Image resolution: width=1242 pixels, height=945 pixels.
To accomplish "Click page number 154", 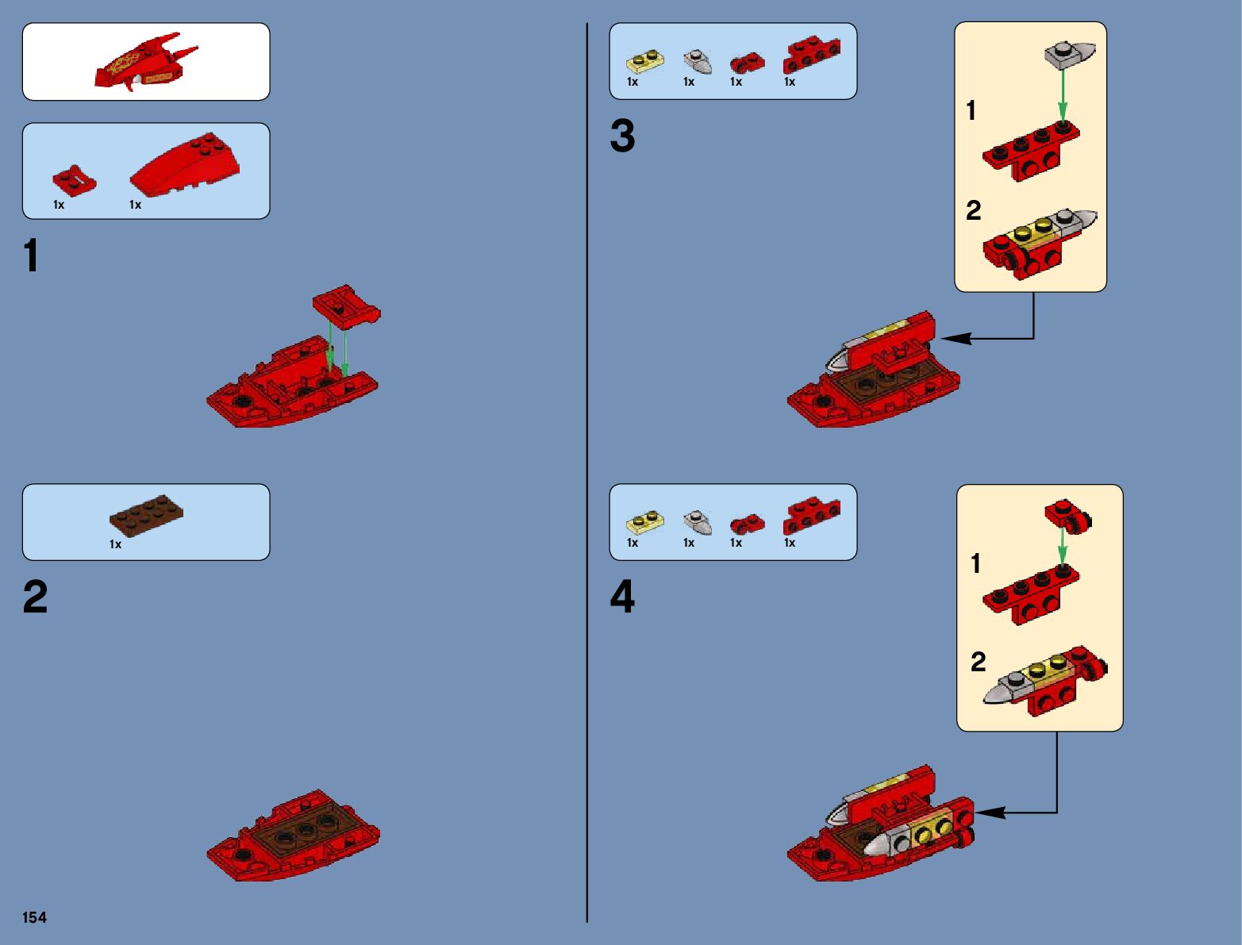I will coord(34,917).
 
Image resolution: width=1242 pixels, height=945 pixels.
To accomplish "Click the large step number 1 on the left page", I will coord(31,256).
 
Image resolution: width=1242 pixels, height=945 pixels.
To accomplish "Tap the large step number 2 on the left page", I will coord(35,597).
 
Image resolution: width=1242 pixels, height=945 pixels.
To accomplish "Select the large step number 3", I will coord(622,136).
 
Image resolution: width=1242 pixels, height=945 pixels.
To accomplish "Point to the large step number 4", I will coord(622,597).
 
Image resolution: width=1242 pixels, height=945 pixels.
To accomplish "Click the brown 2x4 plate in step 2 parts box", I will coord(146,513).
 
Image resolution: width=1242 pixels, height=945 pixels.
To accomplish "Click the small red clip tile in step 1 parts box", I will coord(74,181).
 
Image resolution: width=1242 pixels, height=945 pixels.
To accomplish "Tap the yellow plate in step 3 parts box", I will coord(645,61).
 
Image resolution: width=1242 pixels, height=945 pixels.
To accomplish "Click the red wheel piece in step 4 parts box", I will coord(747,524).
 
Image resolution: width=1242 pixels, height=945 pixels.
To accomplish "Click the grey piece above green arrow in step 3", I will coord(1070,54).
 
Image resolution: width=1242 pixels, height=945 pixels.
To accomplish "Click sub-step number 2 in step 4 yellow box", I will coord(978,661).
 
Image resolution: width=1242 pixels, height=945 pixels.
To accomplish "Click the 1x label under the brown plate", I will coord(116,544).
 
